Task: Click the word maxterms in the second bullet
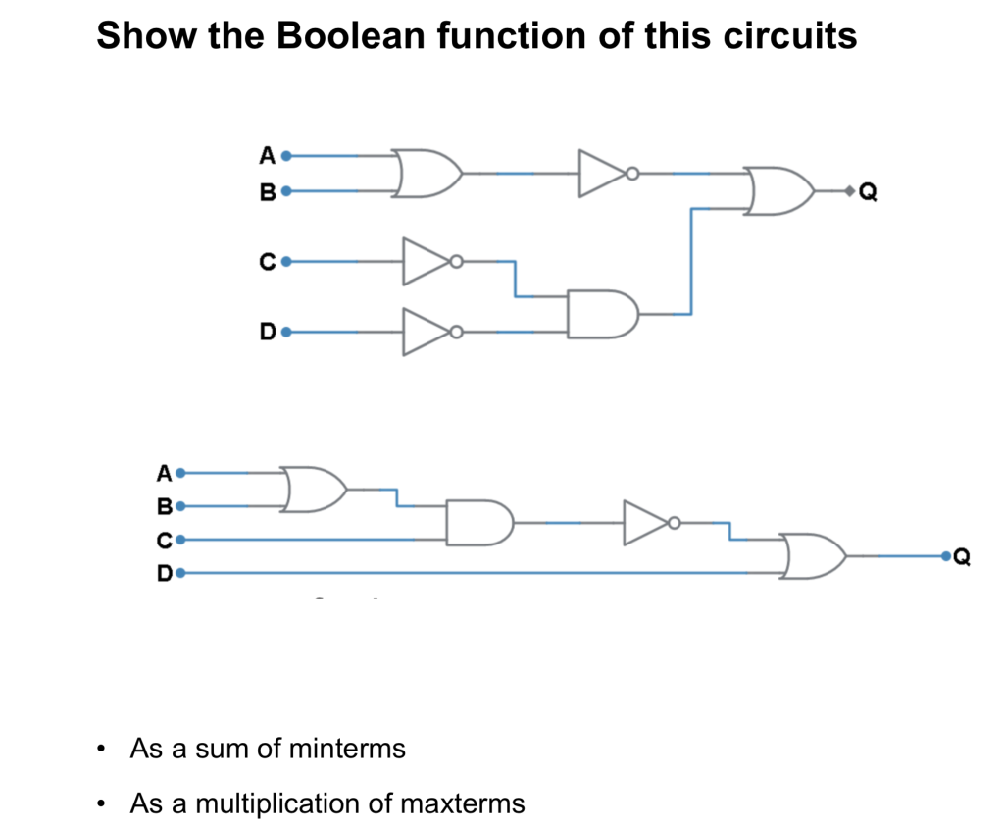(463, 804)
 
